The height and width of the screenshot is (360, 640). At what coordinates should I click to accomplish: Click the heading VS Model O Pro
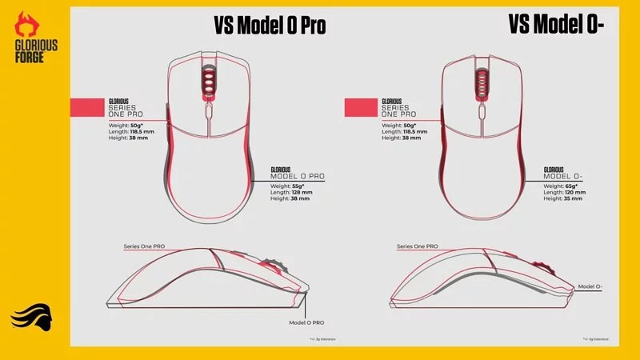click(270, 27)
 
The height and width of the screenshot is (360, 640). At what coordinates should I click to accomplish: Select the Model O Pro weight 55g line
click(286, 186)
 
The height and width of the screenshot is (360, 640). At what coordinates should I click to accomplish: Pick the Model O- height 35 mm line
click(561, 199)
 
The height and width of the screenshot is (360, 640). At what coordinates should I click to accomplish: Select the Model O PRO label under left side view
click(306, 321)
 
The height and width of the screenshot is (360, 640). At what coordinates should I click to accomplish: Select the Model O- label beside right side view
click(590, 286)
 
